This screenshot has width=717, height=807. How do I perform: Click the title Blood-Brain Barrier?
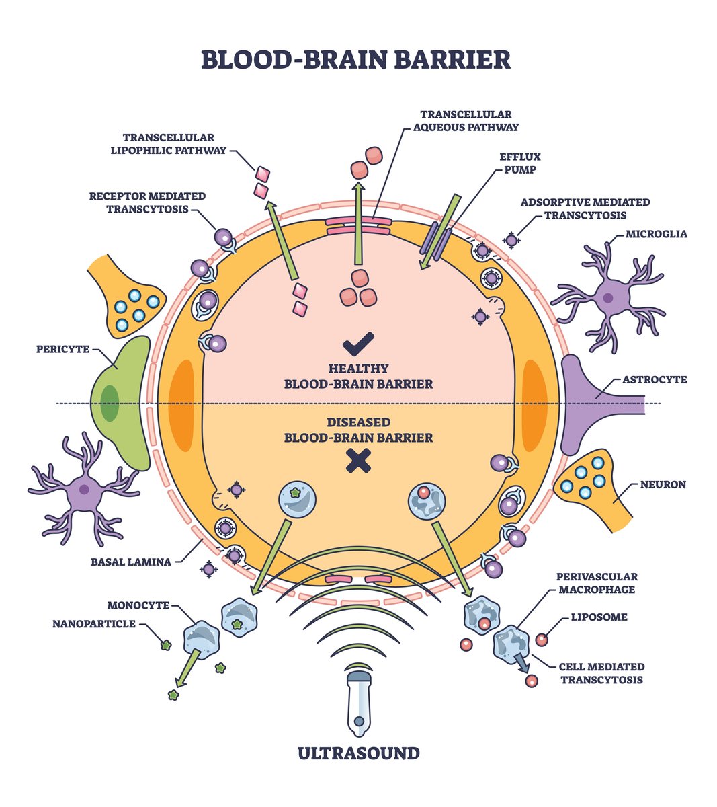click(355, 59)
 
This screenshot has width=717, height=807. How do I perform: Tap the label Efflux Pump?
click(519, 163)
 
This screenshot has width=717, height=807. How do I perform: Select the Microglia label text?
click(656, 234)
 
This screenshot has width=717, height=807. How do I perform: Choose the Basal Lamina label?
click(131, 562)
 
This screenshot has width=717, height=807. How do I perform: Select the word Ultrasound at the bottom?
click(358, 753)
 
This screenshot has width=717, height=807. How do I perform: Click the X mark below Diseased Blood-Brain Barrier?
click(358, 461)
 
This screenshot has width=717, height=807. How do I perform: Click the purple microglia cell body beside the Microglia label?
click(608, 297)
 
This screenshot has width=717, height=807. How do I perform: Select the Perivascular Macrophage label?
click(596, 583)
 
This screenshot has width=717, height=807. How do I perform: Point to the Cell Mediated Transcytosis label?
click(601, 672)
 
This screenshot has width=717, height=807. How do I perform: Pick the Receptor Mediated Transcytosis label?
click(147, 202)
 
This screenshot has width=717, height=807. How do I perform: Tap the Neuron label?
click(663, 484)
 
